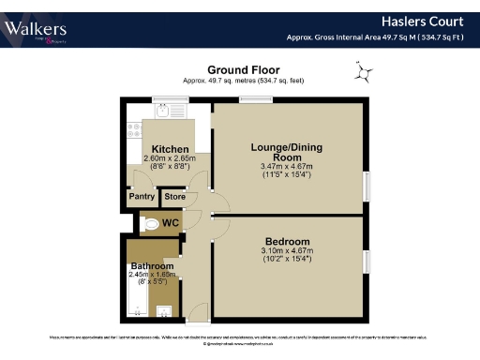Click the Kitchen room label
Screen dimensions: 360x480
(171, 149)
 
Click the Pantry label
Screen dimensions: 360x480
(142, 197)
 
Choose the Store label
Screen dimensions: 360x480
(174, 197)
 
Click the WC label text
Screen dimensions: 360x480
(170, 223)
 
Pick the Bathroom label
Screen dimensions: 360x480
(151, 266)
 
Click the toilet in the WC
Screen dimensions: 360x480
(148, 223)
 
